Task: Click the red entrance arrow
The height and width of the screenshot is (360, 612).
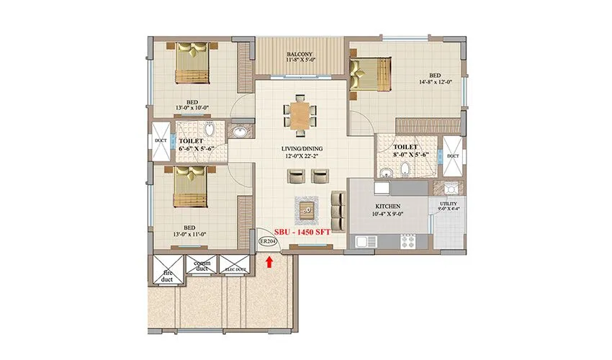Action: tap(269, 263)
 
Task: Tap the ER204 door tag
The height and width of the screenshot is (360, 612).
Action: tap(268, 241)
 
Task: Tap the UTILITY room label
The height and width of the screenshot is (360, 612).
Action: tap(448, 207)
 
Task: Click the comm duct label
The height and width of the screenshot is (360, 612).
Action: tap(201, 266)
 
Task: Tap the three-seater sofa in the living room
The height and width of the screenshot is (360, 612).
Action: tap(336, 208)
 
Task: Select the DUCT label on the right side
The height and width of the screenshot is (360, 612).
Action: tap(453, 156)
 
